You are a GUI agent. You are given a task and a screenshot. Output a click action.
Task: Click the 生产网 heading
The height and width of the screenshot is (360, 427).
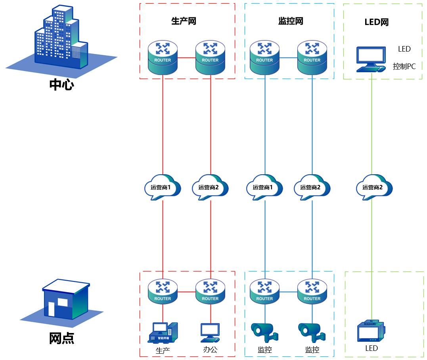(184, 21)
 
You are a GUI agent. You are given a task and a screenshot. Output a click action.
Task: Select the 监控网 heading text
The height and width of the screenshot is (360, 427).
(291, 21)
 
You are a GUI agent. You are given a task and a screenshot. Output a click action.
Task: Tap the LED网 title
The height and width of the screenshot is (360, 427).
(377, 22)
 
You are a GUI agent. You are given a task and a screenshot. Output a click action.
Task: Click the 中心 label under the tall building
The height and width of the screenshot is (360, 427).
(62, 85)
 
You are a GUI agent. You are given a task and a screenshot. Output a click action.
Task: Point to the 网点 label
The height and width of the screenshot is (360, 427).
(62, 338)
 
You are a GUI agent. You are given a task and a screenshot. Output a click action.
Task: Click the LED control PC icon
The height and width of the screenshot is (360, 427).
(371, 60)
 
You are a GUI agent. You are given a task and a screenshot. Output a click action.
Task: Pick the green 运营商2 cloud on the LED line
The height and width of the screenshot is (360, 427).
(374, 187)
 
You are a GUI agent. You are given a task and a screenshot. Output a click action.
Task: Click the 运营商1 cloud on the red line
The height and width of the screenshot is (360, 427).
(162, 187)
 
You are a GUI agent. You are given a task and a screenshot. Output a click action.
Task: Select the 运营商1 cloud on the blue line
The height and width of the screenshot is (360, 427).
(264, 187)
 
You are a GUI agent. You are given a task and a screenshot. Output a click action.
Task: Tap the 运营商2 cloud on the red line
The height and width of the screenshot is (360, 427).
(210, 187)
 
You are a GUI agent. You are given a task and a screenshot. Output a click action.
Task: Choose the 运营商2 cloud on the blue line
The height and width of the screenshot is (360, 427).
(312, 187)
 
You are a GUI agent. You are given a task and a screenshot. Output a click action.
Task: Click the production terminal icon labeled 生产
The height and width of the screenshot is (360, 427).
(163, 333)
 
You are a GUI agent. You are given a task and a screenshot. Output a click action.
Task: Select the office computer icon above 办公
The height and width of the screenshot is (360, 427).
(210, 333)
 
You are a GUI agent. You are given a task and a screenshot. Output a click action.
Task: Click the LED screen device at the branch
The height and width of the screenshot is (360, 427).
(371, 331)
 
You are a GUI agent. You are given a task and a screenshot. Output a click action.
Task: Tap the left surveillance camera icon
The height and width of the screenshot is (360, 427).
(264, 333)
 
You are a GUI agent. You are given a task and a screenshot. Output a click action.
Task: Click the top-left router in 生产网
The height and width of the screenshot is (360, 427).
(163, 58)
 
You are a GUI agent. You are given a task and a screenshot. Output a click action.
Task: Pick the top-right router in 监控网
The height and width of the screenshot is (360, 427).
(312, 58)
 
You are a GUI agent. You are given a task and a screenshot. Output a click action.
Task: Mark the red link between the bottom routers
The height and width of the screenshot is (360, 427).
(187, 292)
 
